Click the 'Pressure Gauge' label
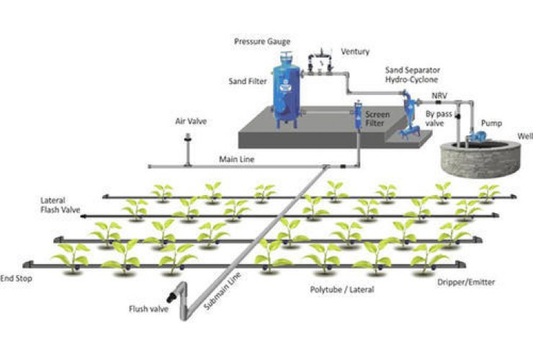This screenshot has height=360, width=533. [x=262, y=41]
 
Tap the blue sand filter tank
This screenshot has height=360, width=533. [x=287, y=94]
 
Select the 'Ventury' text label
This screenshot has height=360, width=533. [x=356, y=52]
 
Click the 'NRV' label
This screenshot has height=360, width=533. [x=439, y=95]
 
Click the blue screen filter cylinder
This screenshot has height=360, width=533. [x=357, y=119]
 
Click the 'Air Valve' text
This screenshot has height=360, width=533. [x=191, y=122]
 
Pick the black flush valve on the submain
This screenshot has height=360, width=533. [x=171, y=295]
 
